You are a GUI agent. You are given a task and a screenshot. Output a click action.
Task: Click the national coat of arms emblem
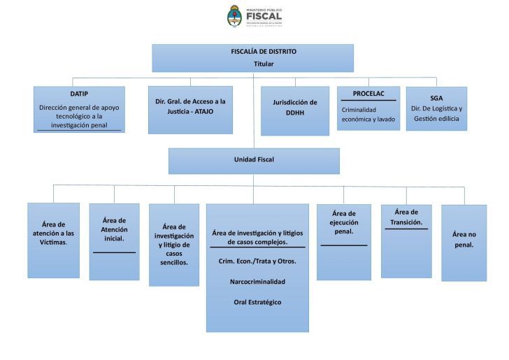(x=234, y=16)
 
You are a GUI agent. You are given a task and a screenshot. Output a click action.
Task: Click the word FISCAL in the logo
(x=264, y=16)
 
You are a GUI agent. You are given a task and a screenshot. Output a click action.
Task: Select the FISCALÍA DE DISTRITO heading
(x=254, y=52)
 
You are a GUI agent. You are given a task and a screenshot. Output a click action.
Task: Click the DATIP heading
(x=79, y=94)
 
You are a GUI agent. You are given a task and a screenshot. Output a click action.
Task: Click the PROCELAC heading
(x=368, y=93)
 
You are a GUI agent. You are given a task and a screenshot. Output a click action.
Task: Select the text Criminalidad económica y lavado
(x=367, y=115)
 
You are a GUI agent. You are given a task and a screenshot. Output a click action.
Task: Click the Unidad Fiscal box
(x=254, y=160)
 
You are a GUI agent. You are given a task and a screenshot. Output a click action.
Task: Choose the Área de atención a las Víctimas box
(x=53, y=240)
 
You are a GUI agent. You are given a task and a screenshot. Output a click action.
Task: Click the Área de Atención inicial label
(x=114, y=229)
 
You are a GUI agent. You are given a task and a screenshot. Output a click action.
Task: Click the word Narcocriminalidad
(x=257, y=282)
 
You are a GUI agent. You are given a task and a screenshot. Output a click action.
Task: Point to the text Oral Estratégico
(x=257, y=302)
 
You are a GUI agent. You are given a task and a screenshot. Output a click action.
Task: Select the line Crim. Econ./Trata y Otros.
(x=257, y=261)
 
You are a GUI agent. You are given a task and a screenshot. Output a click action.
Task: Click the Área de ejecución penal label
(x=343, y=222)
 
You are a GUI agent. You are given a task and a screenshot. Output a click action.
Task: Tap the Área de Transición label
(x=406, y=217)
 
